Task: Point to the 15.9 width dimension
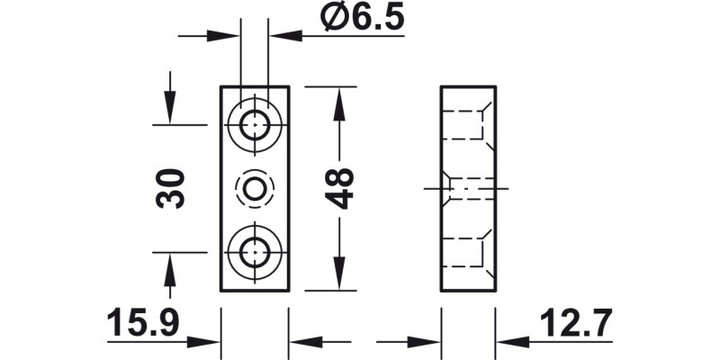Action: tap(143, 321)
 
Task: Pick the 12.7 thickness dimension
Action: tap(576, 321)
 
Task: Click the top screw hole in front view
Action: tap(255, 122)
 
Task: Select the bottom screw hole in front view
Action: tap(255, 253)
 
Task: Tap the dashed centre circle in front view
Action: tap(255, 188)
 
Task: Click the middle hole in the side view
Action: tap(468, 188)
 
